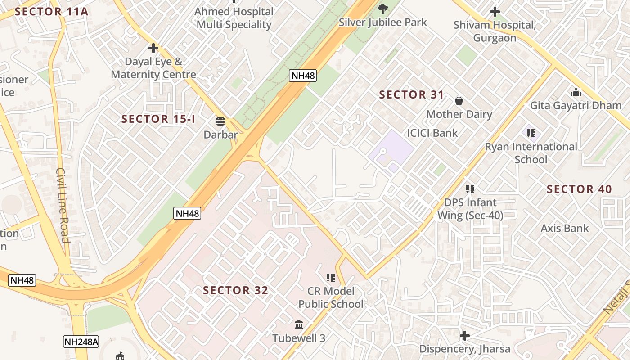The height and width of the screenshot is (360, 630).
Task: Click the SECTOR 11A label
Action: point(51,12)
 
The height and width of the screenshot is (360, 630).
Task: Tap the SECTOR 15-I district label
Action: point(158,119)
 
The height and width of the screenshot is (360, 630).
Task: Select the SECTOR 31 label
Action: point(411,95)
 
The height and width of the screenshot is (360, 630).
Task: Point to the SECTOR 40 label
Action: point(579,189)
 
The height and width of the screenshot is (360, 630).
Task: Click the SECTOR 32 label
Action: point(235,291)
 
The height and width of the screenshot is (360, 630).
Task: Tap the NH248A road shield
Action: point(81,342)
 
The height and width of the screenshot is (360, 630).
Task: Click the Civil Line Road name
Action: point(63,205)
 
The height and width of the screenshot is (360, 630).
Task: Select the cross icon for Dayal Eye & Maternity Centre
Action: point(153,48)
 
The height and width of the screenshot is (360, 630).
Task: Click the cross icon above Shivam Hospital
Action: point(495,12)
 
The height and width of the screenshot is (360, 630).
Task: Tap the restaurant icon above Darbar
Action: point(220,121)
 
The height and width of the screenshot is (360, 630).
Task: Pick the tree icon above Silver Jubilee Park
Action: point(383,8)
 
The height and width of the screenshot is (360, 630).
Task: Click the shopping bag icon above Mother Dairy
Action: point(459,100)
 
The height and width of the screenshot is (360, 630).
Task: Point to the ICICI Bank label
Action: point(432,133)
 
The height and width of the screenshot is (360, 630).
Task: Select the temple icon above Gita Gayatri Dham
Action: point(576,93)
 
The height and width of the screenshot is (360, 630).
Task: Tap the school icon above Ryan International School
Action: point(531,133)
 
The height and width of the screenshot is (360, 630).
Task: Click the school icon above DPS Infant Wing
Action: point(470,189)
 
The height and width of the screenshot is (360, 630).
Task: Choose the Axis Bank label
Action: point(564,229)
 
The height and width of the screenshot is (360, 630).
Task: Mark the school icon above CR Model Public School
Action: point(331,278)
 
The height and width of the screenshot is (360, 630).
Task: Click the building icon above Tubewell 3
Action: point(298,324)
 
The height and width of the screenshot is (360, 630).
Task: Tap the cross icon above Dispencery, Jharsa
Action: point(465,336)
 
